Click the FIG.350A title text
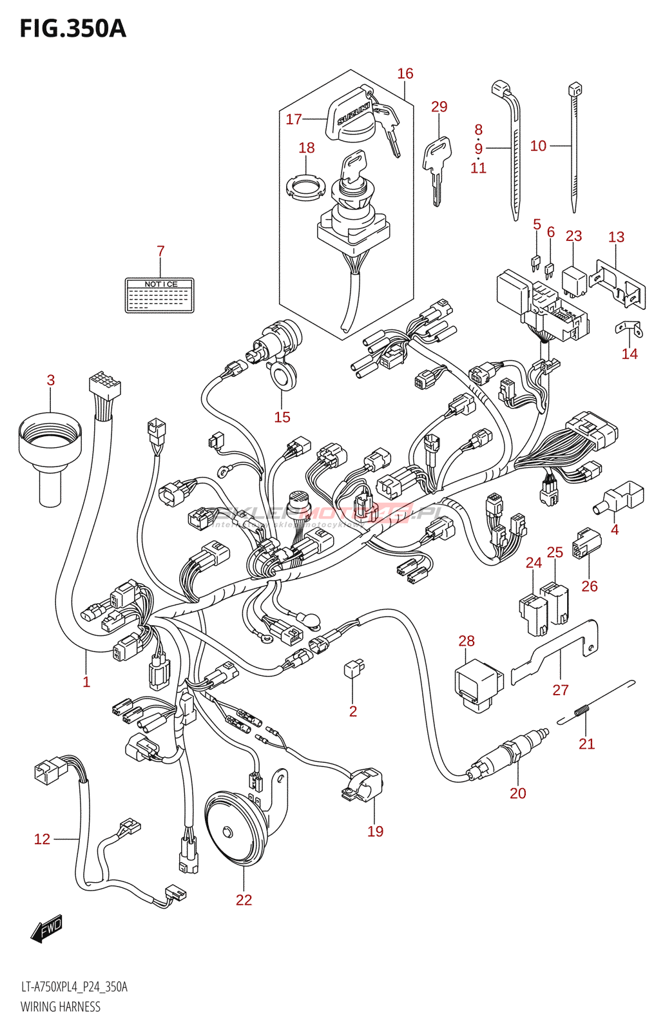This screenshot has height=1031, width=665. (73, 29)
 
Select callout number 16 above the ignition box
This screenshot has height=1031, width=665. (405, 73)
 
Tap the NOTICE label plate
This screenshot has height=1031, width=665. (159, 295)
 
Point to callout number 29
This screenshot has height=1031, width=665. (439, 106)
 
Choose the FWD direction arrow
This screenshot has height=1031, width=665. (46, 930)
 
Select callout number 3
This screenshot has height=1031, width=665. (51, 380)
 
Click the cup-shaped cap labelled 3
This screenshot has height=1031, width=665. (50, 451)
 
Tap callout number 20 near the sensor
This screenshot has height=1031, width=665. (518, 793)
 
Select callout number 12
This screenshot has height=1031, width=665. (42, 839)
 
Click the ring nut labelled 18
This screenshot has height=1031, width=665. (303, 187)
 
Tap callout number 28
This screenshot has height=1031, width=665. (467, 641)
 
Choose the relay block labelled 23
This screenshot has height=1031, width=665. (574, 280)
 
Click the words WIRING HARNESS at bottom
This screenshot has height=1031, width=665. (61, 1007)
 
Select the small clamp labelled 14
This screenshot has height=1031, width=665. (628, 328)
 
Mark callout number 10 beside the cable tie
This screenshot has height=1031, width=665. (538, 146)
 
